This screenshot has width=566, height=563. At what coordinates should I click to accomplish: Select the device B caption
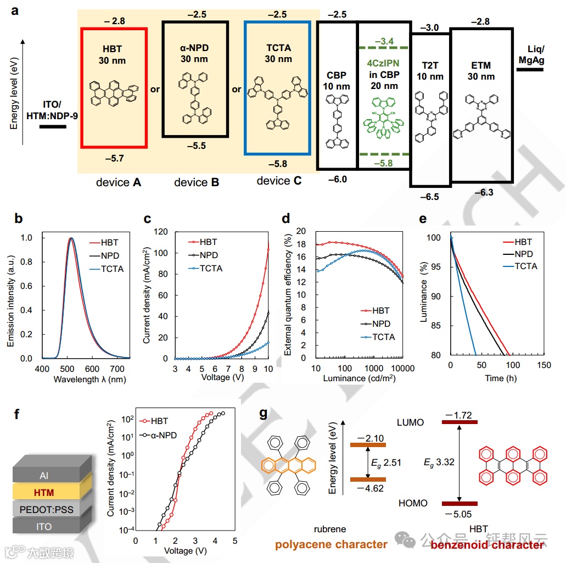tap(197, 182)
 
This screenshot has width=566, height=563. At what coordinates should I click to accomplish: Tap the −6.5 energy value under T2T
tap(429, 196)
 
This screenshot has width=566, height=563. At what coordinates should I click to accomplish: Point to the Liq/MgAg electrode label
tap(531, 55)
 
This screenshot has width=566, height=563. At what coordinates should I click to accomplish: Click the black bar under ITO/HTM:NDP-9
tap(53, 127)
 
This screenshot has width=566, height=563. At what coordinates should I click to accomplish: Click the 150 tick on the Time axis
tap(544, 366)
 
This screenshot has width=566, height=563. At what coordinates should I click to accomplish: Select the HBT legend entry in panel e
tap(522, 242)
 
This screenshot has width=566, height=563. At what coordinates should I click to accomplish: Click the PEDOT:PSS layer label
tap(46, 510)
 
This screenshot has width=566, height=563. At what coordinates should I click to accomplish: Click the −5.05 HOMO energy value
tap(459, 514)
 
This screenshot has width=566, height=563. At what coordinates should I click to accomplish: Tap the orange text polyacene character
tap(331, 544)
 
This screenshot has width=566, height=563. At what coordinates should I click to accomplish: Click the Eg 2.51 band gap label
tap(386, 462)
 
